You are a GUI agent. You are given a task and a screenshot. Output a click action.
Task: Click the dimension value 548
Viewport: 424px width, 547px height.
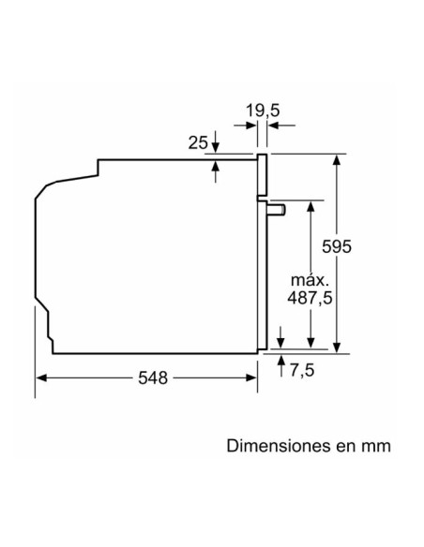tap(152, 377)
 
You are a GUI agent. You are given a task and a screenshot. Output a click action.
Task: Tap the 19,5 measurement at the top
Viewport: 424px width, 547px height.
tap(264, 111)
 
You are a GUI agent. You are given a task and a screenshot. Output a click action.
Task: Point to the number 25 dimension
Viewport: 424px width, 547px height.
tap(198, 142)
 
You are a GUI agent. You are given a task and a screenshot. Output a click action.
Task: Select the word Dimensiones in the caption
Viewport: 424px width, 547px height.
tap(273, 445)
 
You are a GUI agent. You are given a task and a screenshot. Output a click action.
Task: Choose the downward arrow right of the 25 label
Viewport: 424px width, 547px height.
tap(216, 146)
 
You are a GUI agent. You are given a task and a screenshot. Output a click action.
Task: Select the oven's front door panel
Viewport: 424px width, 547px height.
tap(264, 253)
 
